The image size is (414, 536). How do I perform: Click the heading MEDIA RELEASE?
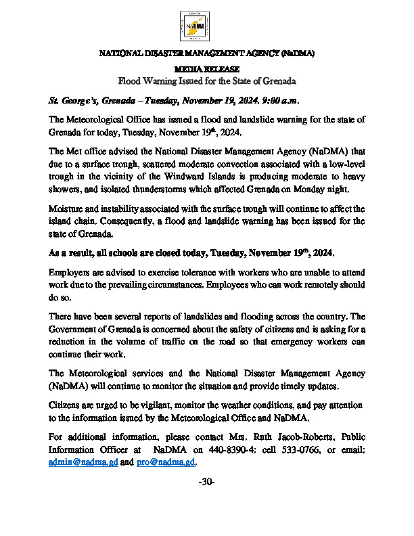coord(206,69)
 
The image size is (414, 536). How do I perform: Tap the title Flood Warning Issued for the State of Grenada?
coord(207,81)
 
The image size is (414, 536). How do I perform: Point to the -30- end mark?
coord(207,481)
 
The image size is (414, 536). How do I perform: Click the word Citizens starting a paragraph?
coord(66,405)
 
